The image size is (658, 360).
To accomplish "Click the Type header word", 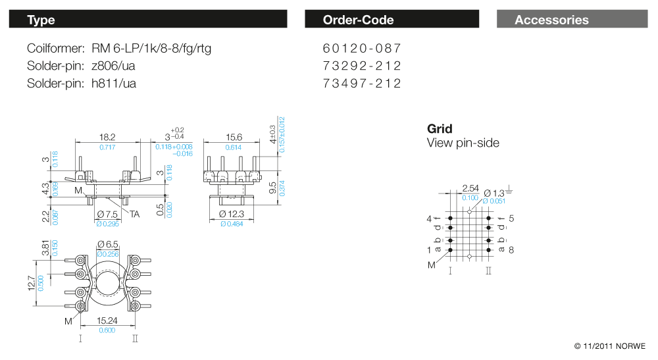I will (41, 20).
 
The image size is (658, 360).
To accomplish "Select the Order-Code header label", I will (358, 20).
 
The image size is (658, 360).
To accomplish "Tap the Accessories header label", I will (551, 20).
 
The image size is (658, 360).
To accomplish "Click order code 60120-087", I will (362, 49).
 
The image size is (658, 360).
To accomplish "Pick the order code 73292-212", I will (362, 66).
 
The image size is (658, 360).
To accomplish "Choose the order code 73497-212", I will (362, 84).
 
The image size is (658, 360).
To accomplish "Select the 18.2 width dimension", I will (107, 137).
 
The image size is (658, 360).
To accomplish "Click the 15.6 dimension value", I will (234, 137).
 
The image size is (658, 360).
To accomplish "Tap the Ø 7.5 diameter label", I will (107, 215).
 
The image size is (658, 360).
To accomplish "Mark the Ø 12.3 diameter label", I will (232, 215).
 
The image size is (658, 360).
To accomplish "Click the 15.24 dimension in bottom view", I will (107, 321).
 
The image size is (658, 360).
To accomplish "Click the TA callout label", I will (134, 214).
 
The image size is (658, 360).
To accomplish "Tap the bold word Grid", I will (440, 128).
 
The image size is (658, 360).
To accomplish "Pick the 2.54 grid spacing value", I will (470, 188).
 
